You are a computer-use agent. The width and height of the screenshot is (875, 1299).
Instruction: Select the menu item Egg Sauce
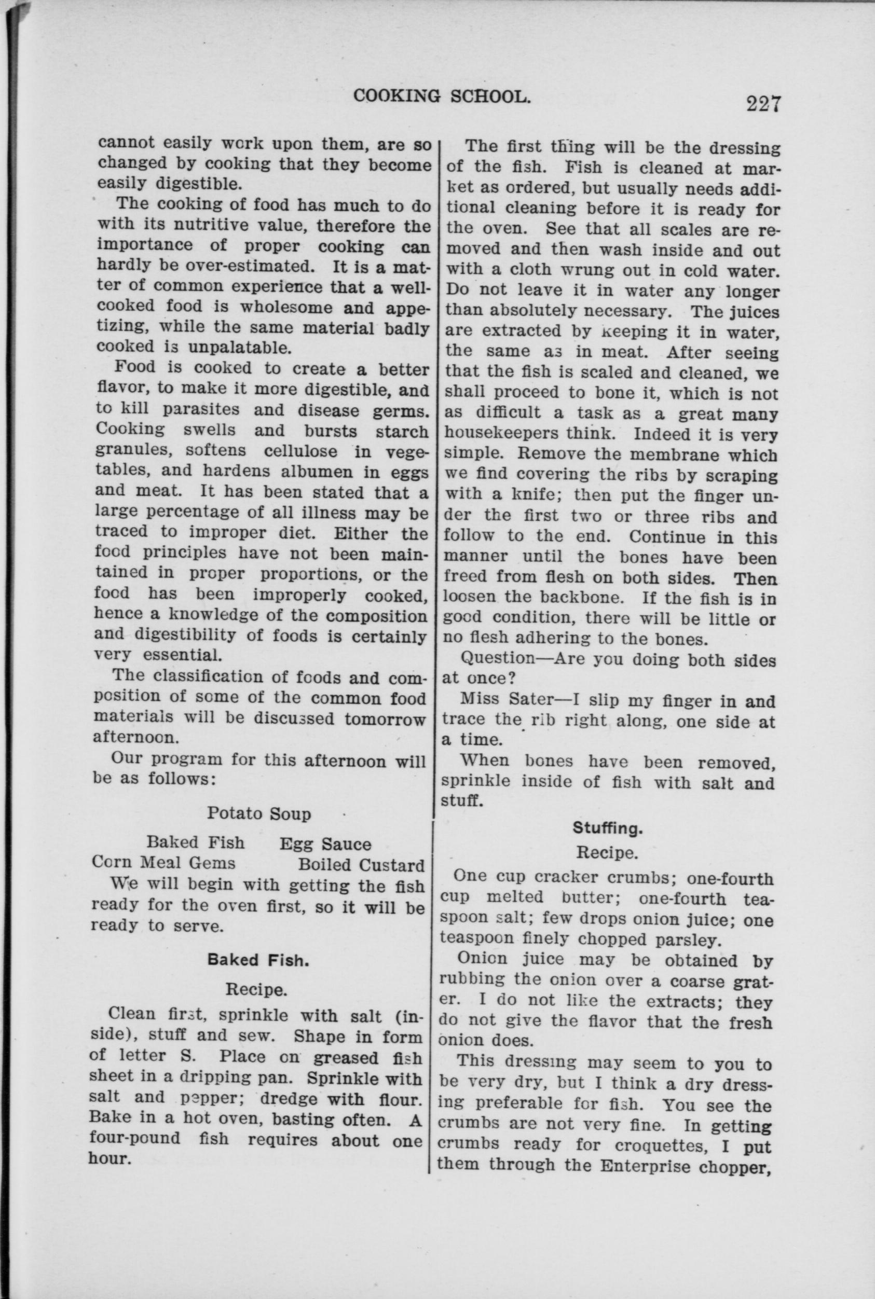(325, 844)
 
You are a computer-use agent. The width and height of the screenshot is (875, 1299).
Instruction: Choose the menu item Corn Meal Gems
(163, 863)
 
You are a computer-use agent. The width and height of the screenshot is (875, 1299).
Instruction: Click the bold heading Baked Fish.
(258, 960)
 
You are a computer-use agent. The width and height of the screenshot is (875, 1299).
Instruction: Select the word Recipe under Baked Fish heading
(256, 989)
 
